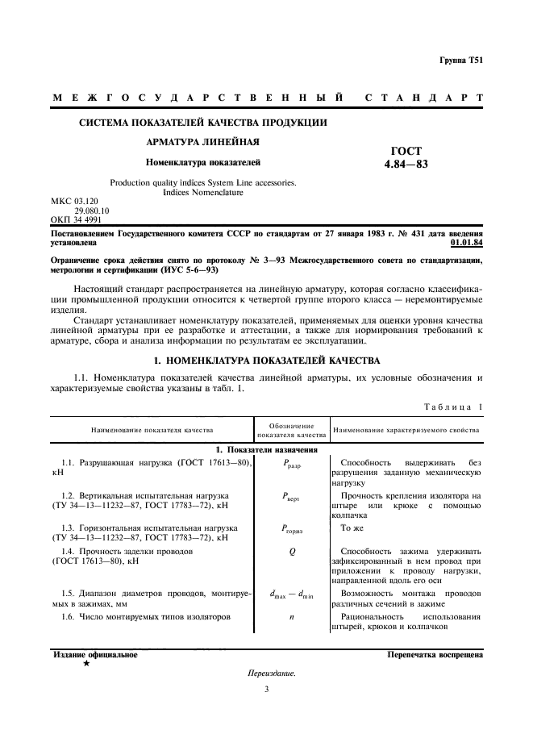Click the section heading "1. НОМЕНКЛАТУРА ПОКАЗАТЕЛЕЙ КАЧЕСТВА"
[266, 359]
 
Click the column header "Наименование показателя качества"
[152, 430]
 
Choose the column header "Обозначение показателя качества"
[290, 429]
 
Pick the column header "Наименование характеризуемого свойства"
[406, 430]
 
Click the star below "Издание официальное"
[86, 663]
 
